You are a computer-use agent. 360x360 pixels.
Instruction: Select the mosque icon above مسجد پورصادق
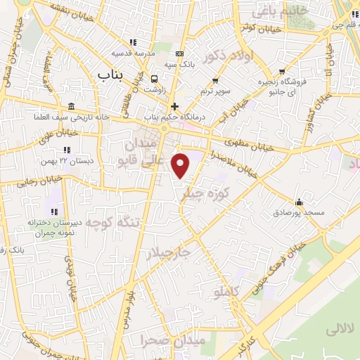[x=300, y=200]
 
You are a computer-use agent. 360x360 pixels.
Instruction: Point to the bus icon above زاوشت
[x=154, y=78]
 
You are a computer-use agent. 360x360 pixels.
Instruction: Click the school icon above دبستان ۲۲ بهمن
[x=67, y=149]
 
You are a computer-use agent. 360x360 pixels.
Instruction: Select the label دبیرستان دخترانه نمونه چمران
[x=55, y=226]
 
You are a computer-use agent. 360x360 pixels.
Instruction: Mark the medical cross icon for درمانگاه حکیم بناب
[x=174, y=107]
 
